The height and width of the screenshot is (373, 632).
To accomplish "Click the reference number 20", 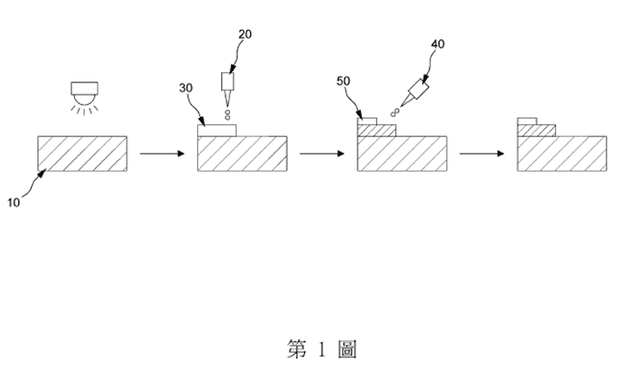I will (x=246, y=36).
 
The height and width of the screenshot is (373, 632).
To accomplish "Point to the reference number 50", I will (x=343, y=81).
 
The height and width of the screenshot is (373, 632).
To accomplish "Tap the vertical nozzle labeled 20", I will (x=227, y=88).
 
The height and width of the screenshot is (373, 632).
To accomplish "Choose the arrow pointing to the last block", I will (x=481, y=153).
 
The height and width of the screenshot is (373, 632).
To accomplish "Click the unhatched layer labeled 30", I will (x=216, y=131).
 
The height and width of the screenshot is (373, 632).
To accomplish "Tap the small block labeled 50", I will (x=366, y=121).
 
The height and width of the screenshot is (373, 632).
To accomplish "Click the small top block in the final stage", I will (x=526, y=121).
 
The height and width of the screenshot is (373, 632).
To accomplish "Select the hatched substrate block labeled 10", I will (x=82, y=153).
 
